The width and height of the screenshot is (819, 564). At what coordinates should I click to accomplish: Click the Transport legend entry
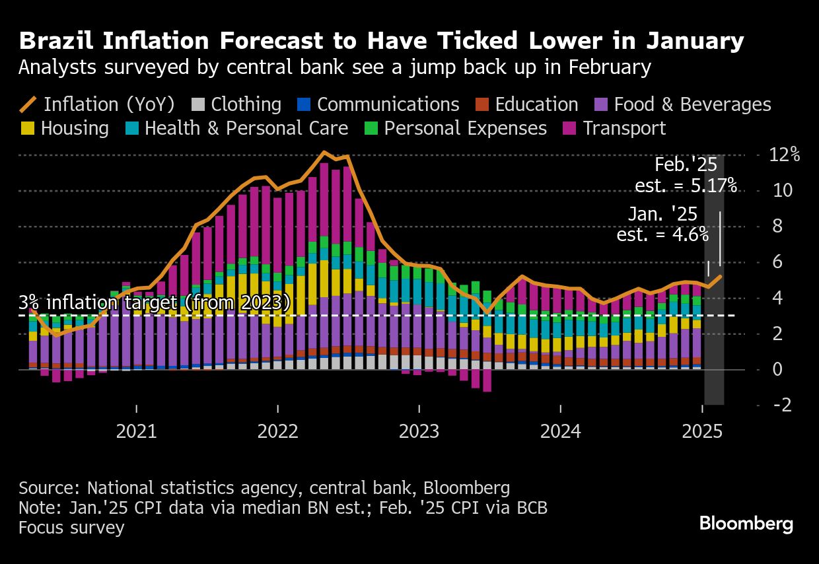click(624, 128)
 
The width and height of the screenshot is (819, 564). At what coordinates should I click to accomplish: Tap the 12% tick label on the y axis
click(785, 155)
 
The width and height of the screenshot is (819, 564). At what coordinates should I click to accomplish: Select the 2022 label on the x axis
click(278, 432)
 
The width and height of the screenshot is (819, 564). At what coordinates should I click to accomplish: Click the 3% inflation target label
click(154, 303)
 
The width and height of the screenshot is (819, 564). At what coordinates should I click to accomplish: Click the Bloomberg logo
click(746, 524)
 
